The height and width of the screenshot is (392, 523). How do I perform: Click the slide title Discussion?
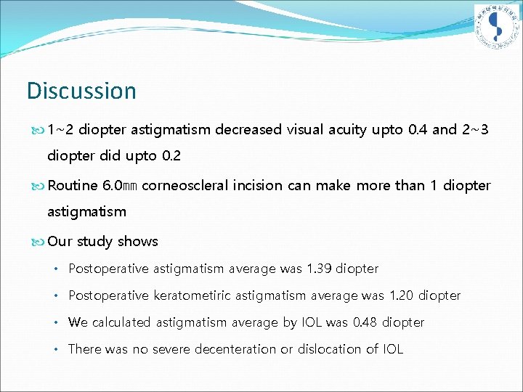pos(81,91)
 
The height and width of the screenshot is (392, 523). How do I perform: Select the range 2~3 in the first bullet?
pos(475,130)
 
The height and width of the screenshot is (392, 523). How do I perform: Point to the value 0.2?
pos(171,156)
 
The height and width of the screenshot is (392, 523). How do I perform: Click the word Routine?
pos(73,185)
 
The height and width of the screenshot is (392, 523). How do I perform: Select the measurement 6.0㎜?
pos(121,185)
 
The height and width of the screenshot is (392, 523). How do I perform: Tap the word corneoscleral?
pos(187,185)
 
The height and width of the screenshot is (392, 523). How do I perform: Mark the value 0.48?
pos(364,322)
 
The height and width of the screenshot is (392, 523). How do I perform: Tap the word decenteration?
pos(232,349)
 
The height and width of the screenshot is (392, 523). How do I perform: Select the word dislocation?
pos(328,349)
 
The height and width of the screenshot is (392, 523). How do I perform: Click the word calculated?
pos(118,322)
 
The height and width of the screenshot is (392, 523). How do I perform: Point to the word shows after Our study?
pos(138,241)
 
